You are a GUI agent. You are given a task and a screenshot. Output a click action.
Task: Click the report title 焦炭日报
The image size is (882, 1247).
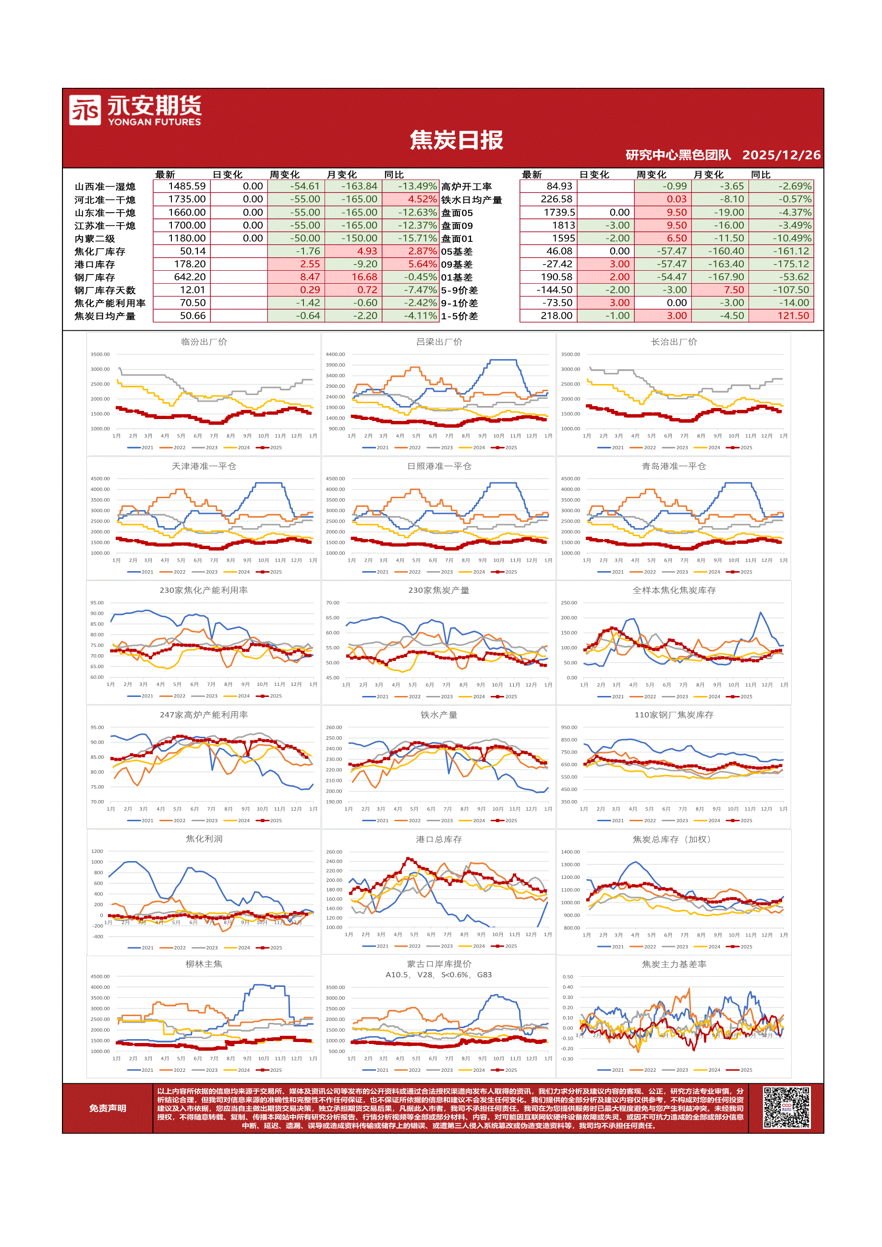coord(456,140)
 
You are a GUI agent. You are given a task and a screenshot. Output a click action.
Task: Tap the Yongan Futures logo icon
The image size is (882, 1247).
coord(85,110)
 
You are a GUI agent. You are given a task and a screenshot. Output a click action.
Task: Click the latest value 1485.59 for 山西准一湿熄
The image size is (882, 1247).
coord(186,186)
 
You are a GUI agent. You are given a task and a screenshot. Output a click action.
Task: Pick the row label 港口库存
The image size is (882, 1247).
coord(95,264)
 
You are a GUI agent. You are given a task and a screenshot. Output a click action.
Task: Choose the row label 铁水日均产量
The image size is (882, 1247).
coord(471,200)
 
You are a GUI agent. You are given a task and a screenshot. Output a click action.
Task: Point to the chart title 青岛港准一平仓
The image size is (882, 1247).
coord(673,466)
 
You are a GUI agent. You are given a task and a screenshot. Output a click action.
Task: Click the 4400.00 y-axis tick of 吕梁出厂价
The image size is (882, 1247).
coord(335,354)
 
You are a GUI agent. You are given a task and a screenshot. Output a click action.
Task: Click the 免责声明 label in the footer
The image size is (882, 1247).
coord(108,1108)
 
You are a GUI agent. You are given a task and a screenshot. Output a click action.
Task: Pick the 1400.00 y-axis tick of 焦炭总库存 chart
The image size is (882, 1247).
coord(570,851)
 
